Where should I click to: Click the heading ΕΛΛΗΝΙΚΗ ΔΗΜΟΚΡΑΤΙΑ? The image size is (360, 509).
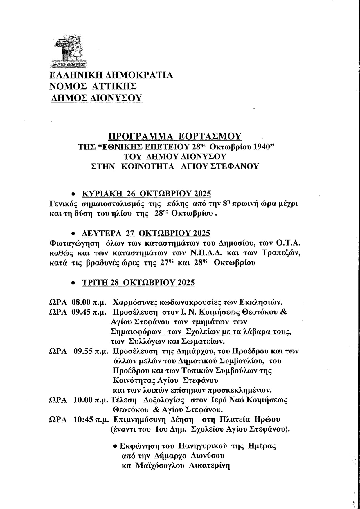[111, 75]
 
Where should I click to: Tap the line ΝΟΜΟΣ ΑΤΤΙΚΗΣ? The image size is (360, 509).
[93, 87]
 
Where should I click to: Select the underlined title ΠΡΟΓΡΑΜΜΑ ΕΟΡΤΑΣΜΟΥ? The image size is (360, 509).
[175, 136]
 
